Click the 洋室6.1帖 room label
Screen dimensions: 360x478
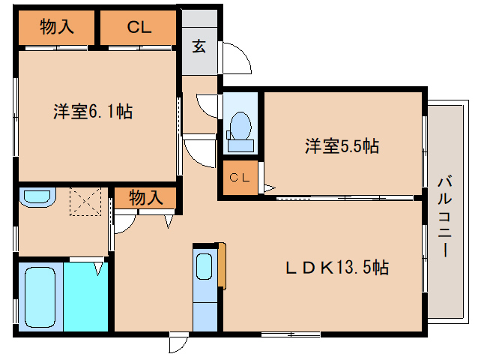93,112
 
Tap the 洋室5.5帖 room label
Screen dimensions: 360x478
341,146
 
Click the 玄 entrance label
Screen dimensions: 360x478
199,46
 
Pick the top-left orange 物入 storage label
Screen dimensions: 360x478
56,28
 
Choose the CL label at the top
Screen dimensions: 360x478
139,28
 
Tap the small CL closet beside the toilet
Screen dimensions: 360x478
239,178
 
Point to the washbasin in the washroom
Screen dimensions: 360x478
36,198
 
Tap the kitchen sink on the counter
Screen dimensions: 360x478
204,267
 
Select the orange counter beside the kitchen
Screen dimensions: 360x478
221,265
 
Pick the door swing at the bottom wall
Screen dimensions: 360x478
178,344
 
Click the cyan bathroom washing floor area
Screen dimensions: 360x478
86,296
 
